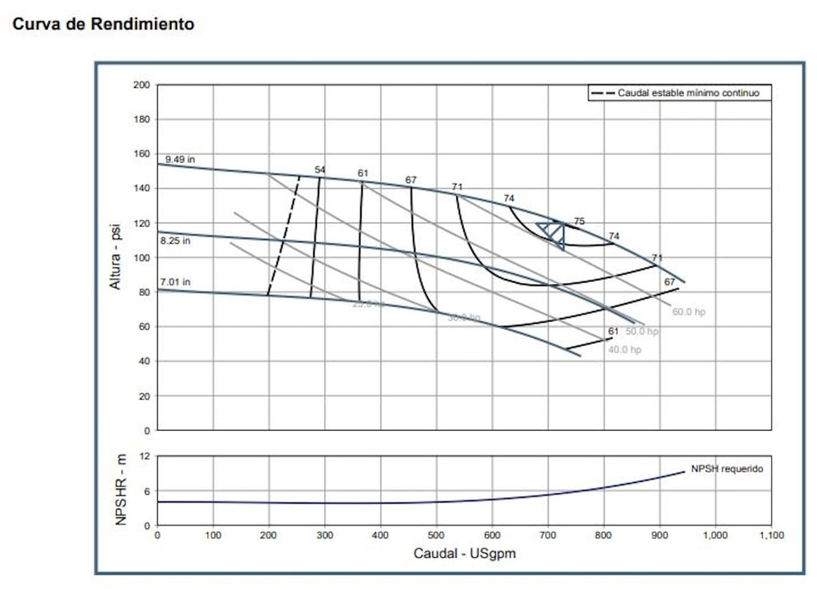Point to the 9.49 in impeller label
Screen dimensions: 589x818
point(180,160)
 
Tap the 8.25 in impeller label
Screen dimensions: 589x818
point(175,241)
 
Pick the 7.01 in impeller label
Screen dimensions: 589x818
point(175,282)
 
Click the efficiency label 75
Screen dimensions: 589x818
point(579,221)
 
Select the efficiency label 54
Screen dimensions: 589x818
point(320,169)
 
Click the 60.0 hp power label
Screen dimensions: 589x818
point(689,312)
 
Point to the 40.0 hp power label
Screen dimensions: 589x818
point(625,350)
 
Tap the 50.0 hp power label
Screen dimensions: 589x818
point(642,331)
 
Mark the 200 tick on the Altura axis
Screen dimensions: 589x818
point(141,85)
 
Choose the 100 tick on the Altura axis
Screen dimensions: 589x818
point(141,257)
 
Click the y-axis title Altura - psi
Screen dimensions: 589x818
point(117,257)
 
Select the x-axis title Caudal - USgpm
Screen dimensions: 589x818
point(465,553)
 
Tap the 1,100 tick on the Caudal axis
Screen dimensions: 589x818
point(771,535)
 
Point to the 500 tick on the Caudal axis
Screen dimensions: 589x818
point(436,535)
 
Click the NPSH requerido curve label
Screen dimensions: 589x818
point(727,469)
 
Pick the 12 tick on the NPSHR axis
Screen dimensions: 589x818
point(145,456)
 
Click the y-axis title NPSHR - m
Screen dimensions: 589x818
point(121,490)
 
